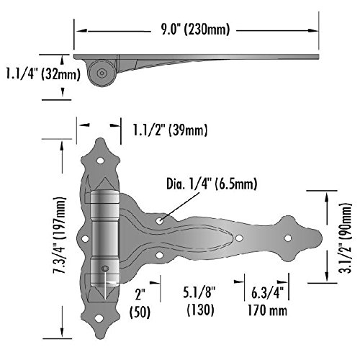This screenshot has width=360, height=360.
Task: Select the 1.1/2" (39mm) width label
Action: (x=170, y=130)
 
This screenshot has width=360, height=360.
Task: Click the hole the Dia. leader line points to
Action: (x=161, y=215)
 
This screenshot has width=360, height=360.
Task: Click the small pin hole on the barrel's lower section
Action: (x=105, y=269)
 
